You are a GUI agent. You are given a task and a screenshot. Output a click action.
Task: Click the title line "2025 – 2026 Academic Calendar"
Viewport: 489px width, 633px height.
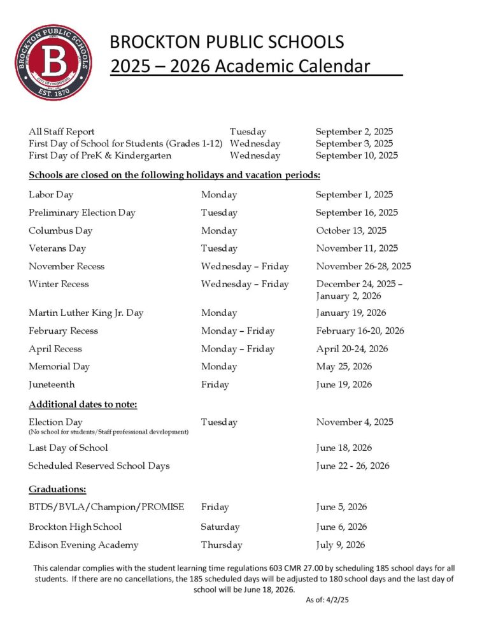click(x=240, y=66)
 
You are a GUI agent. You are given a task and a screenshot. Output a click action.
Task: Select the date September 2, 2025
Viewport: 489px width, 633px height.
click(x=354, y=132)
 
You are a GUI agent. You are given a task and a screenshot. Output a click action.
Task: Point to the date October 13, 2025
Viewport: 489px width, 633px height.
click(x=351, y=231)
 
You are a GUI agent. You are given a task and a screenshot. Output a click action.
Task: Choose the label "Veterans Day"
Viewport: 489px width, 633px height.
click(x=57, y=248)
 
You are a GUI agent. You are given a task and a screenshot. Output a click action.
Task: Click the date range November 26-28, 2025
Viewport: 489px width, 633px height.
click(x=363, y=266)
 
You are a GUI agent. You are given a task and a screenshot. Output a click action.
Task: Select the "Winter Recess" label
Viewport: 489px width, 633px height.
click(x=59, y=284)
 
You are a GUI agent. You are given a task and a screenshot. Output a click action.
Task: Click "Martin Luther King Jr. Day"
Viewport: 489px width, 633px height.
click(x=86, y=313)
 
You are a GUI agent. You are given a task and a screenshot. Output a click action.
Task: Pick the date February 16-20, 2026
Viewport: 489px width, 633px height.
click(x=360, y=331)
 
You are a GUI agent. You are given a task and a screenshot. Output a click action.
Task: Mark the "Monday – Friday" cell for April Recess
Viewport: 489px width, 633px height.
click(x=237, y=349)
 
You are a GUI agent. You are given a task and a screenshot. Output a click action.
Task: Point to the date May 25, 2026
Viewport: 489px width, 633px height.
click(x=344, y=367)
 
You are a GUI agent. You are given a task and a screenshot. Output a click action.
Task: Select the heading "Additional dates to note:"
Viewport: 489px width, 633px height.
click(x=83, y=405)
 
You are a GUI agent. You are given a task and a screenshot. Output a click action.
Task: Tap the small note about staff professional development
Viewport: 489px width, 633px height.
click(x=108, y=432)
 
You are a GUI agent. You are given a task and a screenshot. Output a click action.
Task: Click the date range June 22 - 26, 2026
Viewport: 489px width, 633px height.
click(x=352, y=466)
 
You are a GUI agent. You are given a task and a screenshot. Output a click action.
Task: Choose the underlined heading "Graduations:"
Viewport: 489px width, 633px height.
click(x=57, y=489)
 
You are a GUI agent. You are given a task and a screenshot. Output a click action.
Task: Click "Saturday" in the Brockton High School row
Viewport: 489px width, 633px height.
click(x=220, y=527)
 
